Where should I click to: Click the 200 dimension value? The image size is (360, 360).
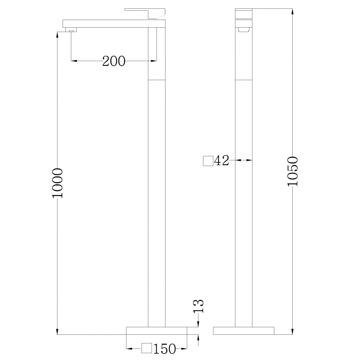[114, 61]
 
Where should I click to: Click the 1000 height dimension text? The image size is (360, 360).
[58, 183]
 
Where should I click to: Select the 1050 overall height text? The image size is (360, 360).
[292, 171]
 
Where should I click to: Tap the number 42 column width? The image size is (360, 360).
[221, 161]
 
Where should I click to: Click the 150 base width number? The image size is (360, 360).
[165, 348]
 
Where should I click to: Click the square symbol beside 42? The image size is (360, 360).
[208, 161]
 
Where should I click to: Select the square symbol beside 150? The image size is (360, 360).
[146, 348]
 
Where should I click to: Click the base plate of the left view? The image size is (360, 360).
[157, 331]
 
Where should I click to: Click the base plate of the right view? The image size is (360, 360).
[244, 330]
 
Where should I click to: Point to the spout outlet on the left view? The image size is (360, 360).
[71, 31]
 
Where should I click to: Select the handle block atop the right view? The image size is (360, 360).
[243, 13]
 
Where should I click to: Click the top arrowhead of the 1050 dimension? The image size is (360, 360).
[292, 11]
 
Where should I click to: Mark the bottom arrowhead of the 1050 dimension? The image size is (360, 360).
[292, 332]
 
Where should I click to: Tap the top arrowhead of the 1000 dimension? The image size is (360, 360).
[58, 34]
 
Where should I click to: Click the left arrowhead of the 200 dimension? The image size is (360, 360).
[74, 61]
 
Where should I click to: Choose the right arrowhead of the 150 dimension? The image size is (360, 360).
[185, 348]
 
